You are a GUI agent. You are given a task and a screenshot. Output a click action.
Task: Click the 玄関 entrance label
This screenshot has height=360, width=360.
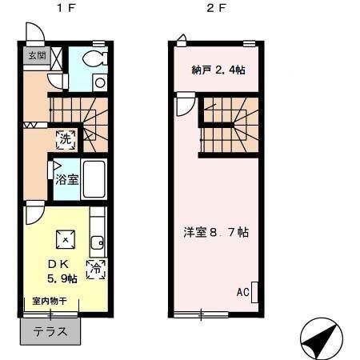click(x=37, y=56)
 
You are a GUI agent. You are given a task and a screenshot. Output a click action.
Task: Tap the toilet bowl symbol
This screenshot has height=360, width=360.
click(x=94, y=58)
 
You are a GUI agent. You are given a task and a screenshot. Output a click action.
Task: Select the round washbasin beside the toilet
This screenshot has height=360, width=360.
click(x=100, y=82)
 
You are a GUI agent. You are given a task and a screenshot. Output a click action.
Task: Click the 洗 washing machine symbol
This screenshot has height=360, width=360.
click(x=66, y=139)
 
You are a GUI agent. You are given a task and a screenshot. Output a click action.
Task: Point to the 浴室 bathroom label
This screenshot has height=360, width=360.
click(x=67, y=179)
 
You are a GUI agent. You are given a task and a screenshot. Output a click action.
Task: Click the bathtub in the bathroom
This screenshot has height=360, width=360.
click(x=94, y=179)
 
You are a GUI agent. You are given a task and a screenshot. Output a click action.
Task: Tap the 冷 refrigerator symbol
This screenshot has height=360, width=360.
click(x=96, y=270)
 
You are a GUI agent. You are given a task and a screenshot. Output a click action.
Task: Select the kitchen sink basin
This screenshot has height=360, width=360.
click(x=97, y=242)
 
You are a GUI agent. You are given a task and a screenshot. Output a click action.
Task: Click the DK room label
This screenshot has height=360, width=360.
click(x=58, y=264)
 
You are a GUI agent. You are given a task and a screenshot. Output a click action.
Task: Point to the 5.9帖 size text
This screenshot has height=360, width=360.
click(x=62, y=278)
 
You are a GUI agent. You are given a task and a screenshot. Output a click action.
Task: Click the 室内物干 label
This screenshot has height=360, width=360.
click(x=50, y=301)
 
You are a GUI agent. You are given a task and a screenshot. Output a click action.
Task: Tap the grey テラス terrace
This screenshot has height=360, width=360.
click(x=50, y=331)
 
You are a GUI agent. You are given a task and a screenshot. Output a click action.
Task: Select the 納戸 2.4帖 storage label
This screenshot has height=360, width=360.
click(x=218, y=70)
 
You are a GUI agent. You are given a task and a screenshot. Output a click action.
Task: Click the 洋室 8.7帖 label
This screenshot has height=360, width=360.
click(x=216, y=232)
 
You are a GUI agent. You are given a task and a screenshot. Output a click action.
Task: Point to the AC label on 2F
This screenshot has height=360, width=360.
click(x=243, y=292)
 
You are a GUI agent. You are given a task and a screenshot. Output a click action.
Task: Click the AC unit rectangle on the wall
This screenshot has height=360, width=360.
click(x=254, y=292)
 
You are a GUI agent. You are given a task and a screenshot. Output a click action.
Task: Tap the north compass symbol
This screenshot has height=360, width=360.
click(x=322, y=338)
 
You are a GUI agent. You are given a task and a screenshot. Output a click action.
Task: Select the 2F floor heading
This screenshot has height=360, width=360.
click(x=216, y=8)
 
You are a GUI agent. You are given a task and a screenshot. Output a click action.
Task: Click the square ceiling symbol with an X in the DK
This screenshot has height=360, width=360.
click(x=66, y=239)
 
